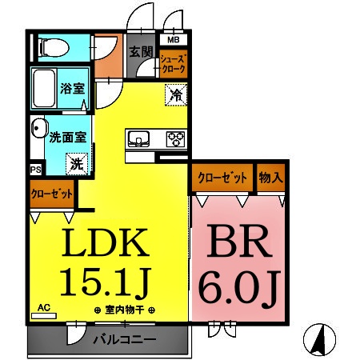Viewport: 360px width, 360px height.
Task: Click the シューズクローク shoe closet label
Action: click(174, 64)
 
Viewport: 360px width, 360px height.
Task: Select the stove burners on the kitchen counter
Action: click(175, 139)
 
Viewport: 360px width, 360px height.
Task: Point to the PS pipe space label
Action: click(35, 170)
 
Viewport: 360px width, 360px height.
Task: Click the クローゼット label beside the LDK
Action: click(52, 193)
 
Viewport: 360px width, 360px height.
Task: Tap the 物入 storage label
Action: click(270, 178)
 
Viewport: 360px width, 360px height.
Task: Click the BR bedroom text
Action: click(237, 245)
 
